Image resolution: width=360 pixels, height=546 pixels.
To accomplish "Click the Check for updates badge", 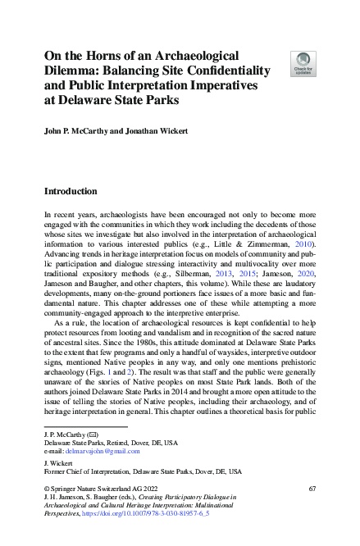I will pos(303,64).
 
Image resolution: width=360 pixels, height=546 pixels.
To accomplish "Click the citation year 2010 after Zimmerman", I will pos(301,243).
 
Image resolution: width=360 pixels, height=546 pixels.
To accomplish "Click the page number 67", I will pos(312,488).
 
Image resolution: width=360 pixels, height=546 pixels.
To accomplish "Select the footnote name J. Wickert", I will pos(59,462).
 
